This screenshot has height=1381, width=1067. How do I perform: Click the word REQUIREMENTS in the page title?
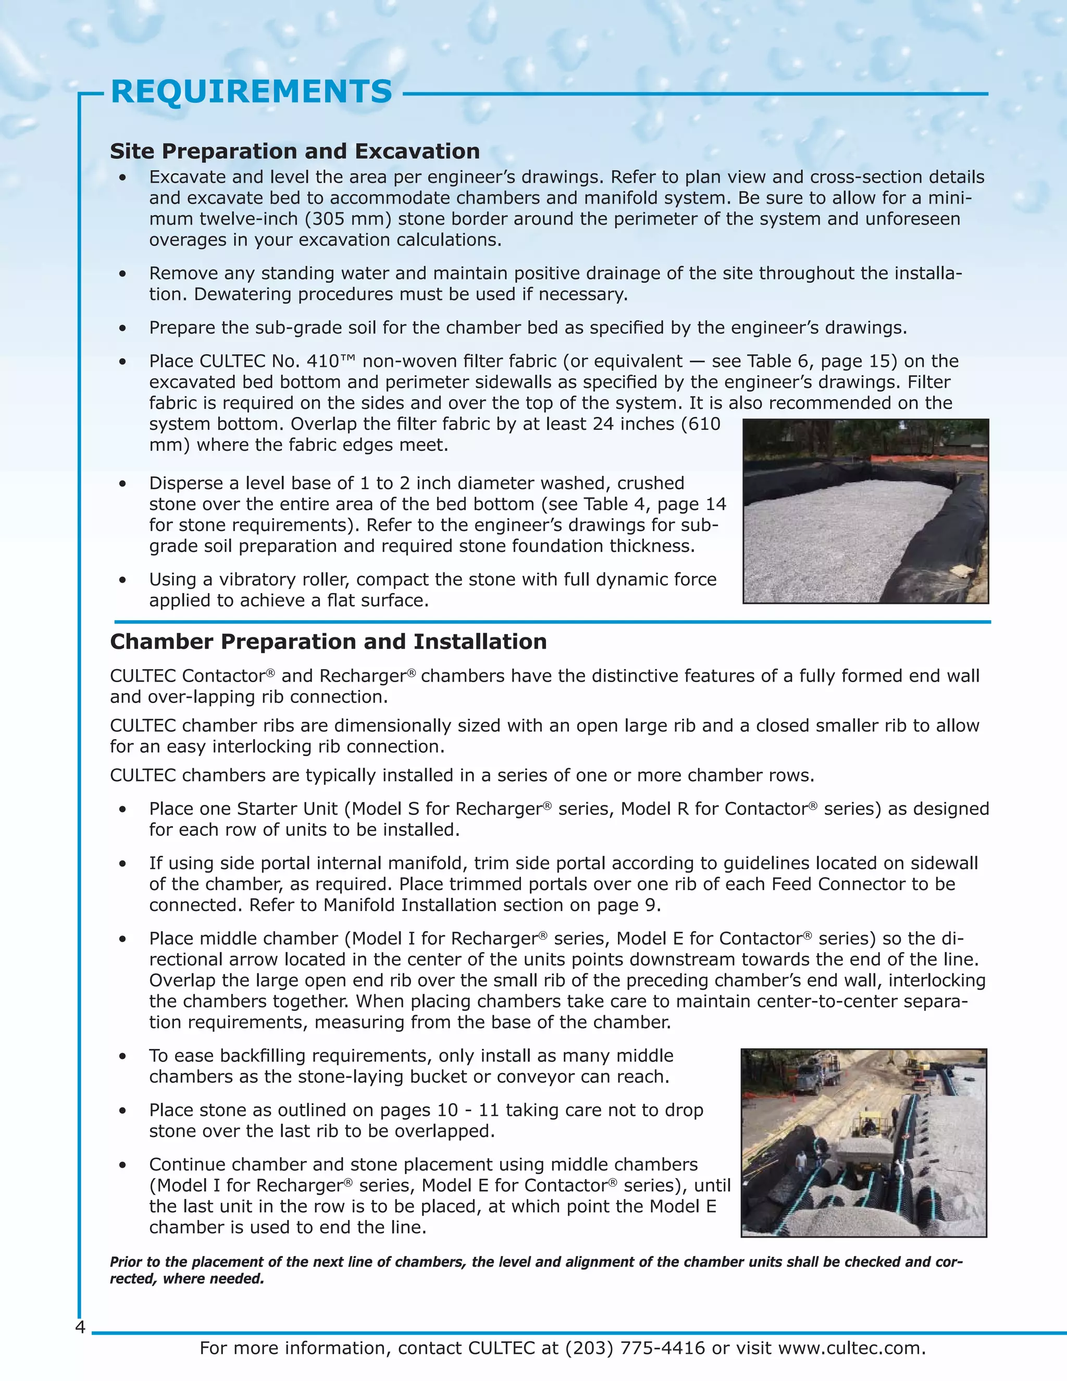pyautogui.click(x=252, y=92)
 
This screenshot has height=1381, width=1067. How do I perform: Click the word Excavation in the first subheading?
pyautogui.click(x=417, y=152)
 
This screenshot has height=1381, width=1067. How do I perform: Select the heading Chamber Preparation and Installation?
pyautogui.click(x=328, y=642)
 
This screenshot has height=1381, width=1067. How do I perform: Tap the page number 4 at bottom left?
pyautogui.click(x=80, y=1327)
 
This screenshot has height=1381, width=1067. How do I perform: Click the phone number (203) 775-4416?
pyautogui.click(x=635, y=1348)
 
